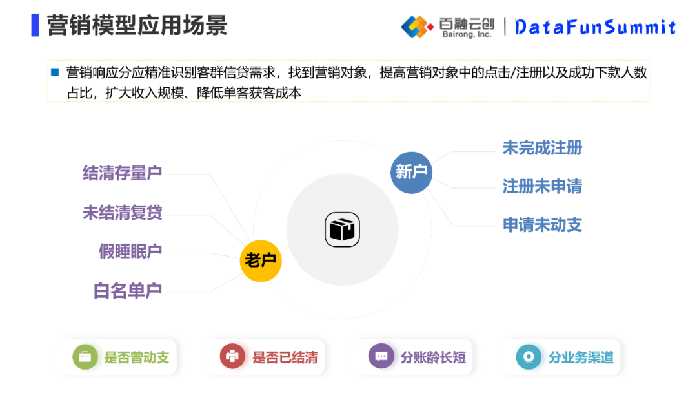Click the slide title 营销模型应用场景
[137, 26]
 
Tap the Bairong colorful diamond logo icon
[417, 27]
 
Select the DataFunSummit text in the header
[595, 27]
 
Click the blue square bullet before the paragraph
[55, 72]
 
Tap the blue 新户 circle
[411, 172]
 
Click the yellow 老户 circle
[261, 260]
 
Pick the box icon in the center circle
[342, 229]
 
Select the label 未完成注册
[542, 148]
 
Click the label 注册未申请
[542, 187]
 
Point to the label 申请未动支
[542, 225]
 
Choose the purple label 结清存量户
[122, 173]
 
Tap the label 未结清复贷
[122, 213]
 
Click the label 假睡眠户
[130, 251]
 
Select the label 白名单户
[127, 291]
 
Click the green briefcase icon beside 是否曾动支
[85, 357]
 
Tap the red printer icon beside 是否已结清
[232, 357]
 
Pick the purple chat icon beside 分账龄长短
[381, 357]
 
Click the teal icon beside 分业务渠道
[529, 357]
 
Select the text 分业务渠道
[581, 357]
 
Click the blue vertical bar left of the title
[35, 25]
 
